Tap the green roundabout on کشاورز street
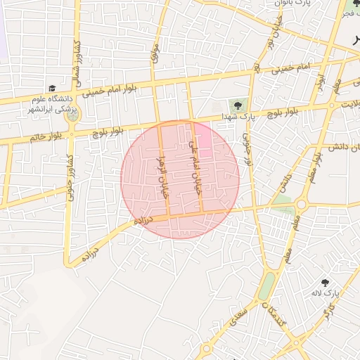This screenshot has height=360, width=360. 74,113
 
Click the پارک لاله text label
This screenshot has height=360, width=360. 328,292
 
